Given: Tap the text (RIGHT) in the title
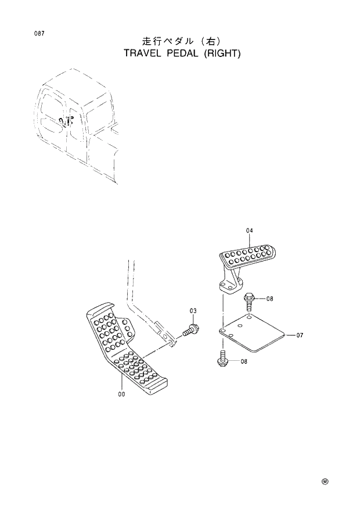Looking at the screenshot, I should tap(223, 53).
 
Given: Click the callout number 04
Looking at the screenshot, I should tap(249, 231).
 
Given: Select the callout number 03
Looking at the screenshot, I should tap(193, 311).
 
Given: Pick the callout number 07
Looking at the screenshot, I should tap(299, 335).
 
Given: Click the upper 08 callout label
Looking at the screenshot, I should tap(269, 299).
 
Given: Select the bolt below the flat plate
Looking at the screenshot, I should tap(223, 357).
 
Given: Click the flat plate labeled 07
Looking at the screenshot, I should tap(253, 334).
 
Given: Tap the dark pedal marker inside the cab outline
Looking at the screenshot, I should tap(66, 121).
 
